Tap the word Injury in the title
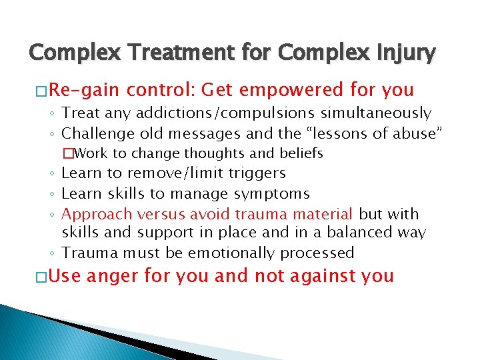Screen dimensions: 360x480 click(x=398, y=53)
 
